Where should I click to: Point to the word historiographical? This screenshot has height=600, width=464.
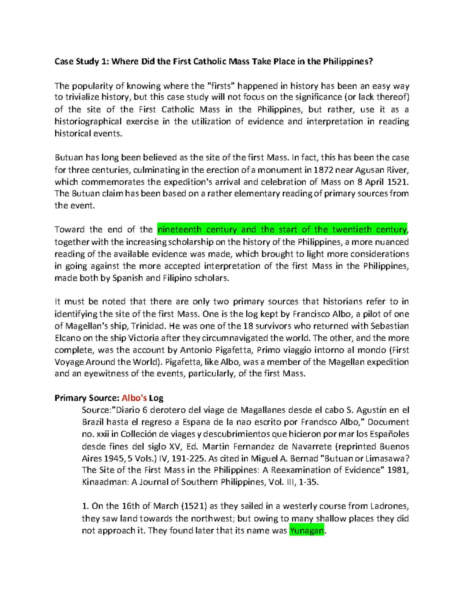[88, 121]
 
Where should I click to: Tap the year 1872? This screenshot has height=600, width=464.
[323, 170]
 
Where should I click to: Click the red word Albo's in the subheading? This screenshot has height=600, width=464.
[134, 398]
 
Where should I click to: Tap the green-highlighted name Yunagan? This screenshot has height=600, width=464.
[307, 530]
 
